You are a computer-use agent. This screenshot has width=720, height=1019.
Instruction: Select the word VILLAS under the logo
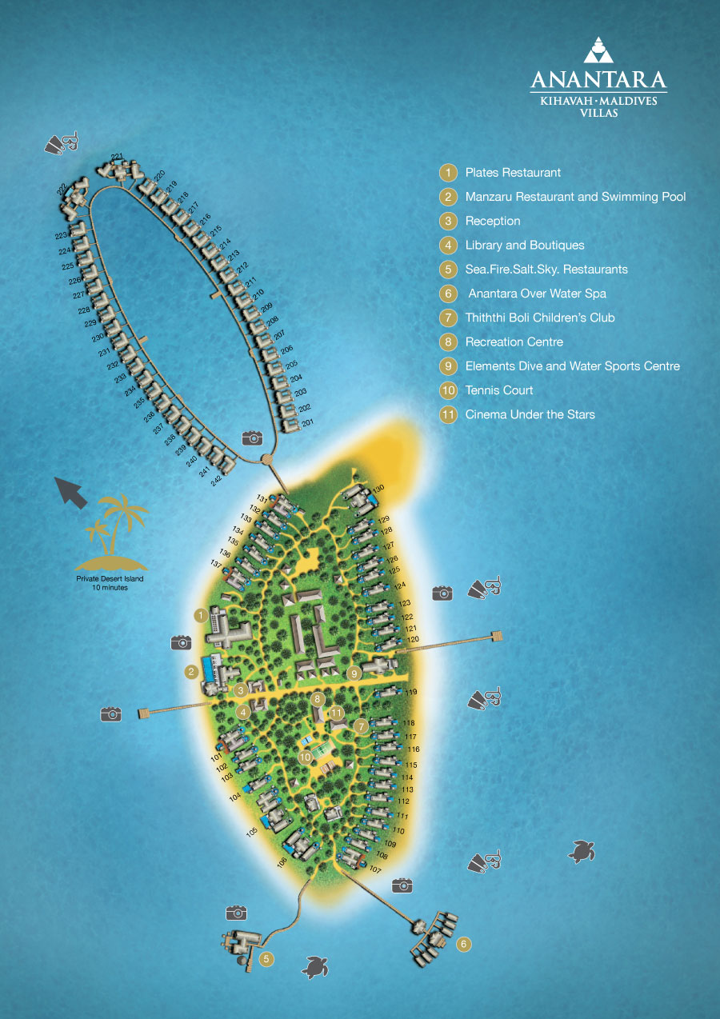598,114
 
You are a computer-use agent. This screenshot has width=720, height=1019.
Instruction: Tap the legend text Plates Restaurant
513,173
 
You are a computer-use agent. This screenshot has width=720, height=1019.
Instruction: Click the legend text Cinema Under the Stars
530,414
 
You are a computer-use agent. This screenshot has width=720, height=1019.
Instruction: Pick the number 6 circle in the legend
448,294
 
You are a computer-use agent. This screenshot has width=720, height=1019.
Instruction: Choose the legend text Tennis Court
498,390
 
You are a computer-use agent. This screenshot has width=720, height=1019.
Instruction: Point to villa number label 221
117,157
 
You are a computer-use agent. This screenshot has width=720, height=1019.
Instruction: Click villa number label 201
308,422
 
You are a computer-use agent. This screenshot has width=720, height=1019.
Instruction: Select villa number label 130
378,488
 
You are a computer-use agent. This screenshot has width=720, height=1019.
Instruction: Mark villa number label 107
376,869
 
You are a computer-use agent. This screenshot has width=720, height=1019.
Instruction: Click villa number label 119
411,692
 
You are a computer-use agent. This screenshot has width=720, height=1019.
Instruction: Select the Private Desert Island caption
110,582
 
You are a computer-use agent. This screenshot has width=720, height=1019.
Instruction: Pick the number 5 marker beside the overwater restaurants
266,958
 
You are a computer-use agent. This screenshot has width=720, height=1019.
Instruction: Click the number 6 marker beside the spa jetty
463,945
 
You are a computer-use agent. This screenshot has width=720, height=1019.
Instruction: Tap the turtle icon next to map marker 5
315,968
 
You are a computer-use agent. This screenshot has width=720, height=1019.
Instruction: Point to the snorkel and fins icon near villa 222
62,142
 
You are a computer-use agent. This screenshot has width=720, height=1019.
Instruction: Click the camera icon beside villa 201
252,438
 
